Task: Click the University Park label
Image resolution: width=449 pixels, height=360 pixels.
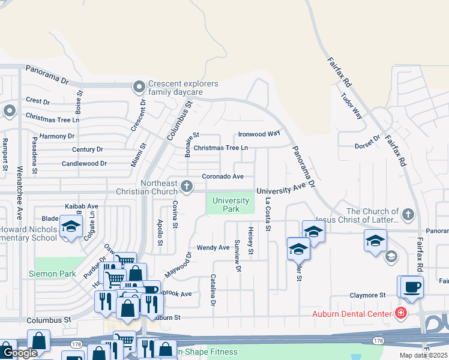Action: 231,205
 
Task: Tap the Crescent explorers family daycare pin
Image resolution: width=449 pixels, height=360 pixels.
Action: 139,88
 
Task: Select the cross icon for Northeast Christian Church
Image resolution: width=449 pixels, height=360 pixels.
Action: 187,186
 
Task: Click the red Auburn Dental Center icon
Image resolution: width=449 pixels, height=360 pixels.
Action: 400,313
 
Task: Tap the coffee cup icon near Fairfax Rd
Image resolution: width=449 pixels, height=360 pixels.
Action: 412,286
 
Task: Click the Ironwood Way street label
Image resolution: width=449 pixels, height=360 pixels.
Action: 259,134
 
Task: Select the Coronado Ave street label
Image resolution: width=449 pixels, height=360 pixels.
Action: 223,176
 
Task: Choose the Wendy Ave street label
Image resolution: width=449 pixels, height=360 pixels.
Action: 213,247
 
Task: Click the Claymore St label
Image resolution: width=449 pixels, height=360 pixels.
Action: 368,295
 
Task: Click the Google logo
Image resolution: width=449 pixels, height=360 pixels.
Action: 20,353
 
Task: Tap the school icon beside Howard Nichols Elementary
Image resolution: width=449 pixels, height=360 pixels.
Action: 71,227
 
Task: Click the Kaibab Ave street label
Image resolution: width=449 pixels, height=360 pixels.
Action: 81,206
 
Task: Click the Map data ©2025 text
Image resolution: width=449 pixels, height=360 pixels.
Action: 424,355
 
